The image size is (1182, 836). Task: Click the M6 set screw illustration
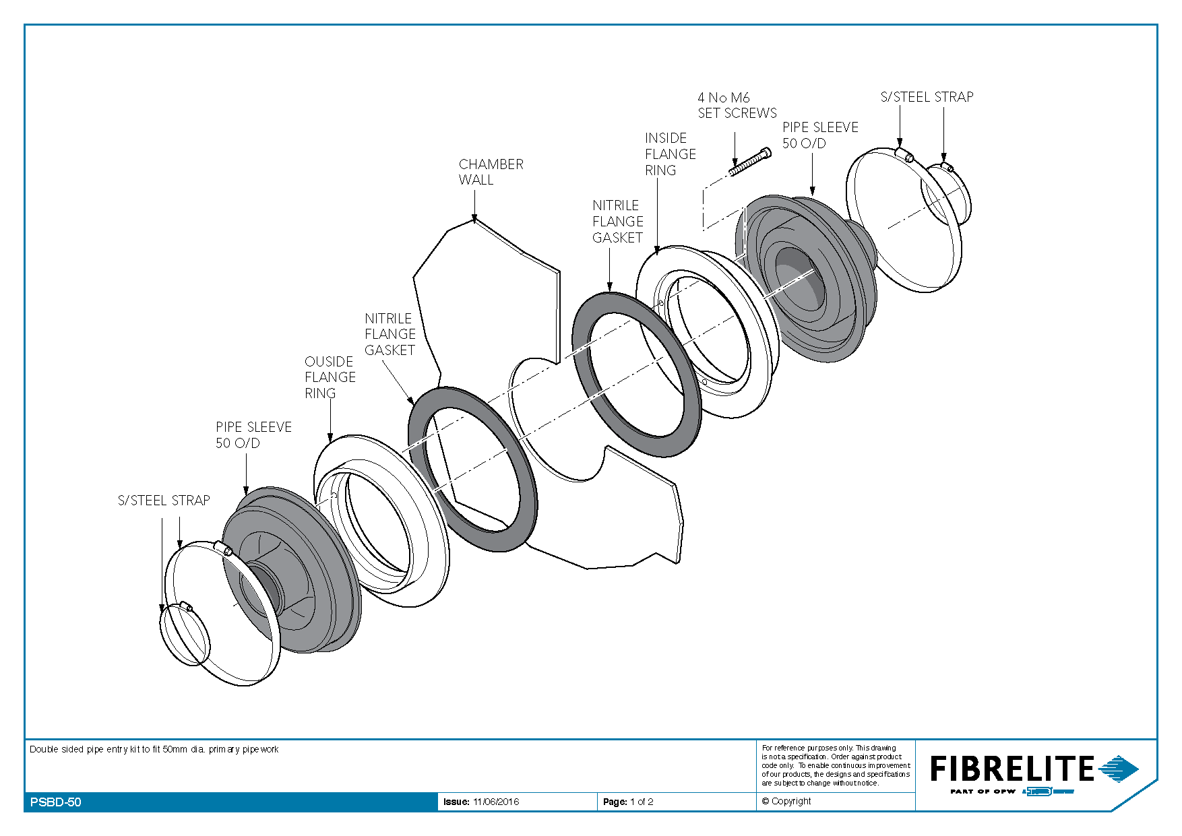750,162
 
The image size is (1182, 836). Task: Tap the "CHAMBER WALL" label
491,172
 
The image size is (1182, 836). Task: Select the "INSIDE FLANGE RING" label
670,154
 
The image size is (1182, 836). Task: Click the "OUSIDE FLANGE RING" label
330,377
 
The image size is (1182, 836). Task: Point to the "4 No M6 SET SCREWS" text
737,105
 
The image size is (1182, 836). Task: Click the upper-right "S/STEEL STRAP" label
927,97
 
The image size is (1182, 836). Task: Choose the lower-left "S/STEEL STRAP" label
164,501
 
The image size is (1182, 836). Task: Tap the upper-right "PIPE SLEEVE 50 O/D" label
820,135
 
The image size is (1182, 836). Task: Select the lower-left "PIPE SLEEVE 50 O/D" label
253,435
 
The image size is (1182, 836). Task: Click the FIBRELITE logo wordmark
1012,769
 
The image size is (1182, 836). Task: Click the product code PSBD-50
56,802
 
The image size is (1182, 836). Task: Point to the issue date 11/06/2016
496,802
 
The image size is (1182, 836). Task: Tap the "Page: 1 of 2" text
628,802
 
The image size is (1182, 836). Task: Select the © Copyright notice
786,801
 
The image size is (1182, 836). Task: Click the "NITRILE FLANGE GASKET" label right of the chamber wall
617,222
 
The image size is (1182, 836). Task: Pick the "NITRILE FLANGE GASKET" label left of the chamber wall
390,334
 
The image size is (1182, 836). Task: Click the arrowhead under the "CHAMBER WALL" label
474,218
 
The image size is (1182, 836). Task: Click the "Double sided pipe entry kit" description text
154,749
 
